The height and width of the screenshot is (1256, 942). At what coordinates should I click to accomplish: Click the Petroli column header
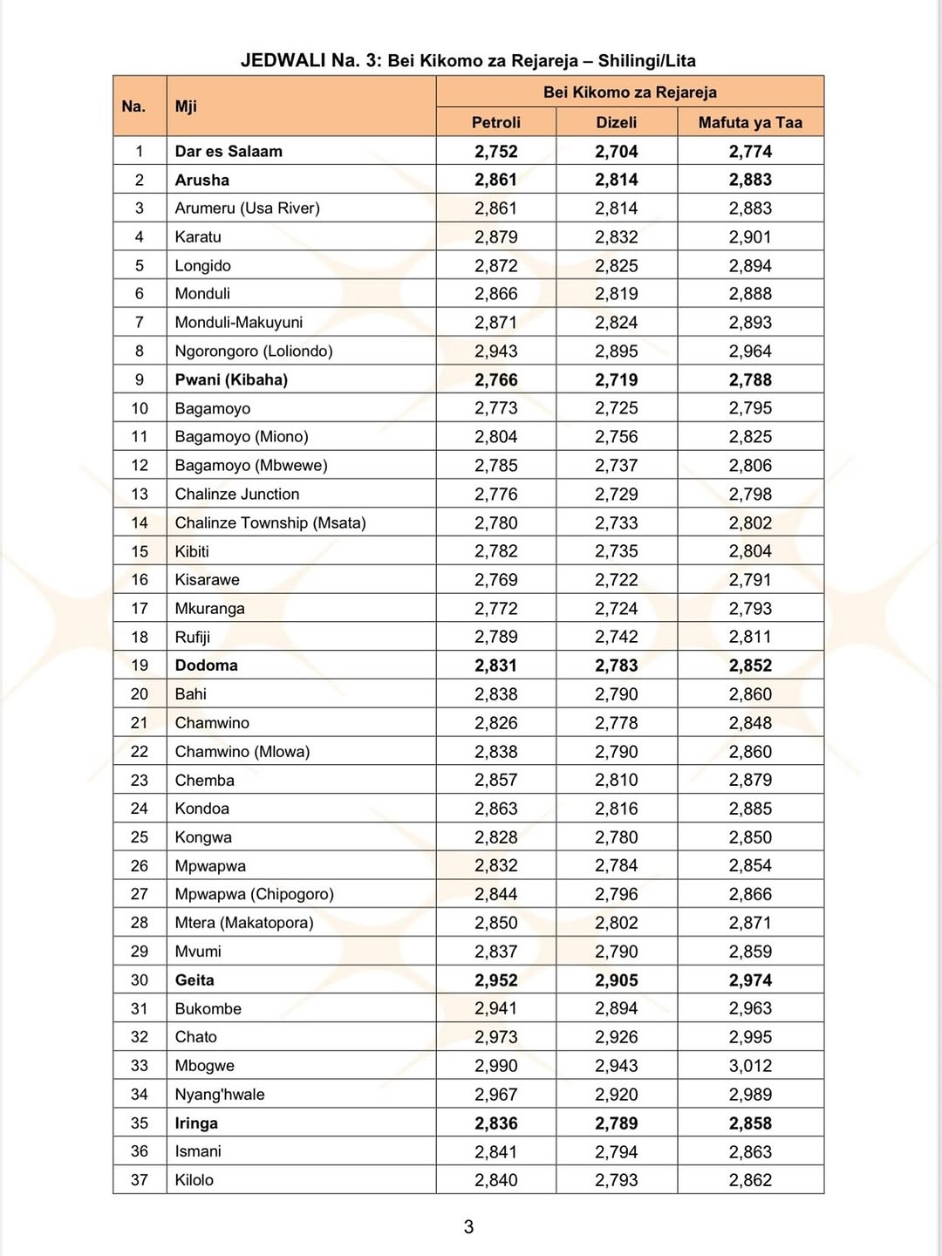tap(495, 123)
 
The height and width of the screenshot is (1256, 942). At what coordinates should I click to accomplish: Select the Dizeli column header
tap(616, 123)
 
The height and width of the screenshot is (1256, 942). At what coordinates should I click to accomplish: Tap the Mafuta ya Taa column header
tap(750, 123)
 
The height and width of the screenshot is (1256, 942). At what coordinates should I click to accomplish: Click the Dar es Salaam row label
tap(229, 151)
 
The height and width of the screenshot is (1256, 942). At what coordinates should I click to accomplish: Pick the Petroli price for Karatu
tap(495, 237)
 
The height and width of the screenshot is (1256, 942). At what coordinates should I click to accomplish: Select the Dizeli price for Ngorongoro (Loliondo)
tap(616, 352)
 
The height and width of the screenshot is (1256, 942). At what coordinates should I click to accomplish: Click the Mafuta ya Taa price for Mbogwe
tap(750, 1066)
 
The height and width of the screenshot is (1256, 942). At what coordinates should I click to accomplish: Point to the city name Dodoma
tap(206, 666)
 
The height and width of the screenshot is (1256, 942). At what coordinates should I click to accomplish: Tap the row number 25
tap(140, 837)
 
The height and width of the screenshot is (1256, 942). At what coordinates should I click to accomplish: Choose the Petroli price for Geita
tap(495, 980)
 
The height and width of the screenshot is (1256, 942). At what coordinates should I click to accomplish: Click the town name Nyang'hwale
tap(220, 1095)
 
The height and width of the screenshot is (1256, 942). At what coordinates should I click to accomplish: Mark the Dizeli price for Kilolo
tap(616, 1180)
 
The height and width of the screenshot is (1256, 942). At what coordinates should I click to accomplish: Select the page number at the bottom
tap(468, 1227)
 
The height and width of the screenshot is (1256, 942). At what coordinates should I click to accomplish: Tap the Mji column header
tap(186, 106)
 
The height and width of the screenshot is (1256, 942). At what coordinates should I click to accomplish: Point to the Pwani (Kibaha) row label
tap(231, 380)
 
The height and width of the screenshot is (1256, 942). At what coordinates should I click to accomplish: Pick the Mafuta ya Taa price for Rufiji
tap(750, 637)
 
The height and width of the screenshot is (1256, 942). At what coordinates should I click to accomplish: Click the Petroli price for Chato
tap(495, 1037)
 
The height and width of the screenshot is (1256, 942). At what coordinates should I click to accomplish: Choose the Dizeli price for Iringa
tap(616, 1123)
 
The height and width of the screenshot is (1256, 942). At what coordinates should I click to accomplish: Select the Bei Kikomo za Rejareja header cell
tap(630, 92)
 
